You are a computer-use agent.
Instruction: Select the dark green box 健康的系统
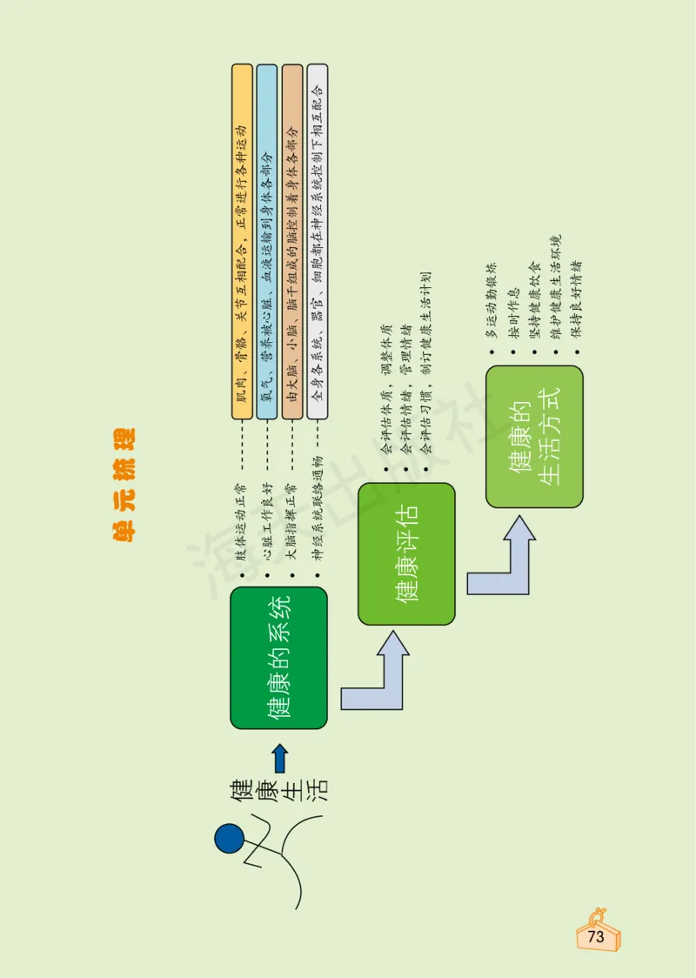[x=278, y=658]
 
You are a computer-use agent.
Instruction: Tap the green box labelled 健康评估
[x=406, y=554]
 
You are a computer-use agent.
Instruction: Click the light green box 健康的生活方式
[x=534, y=437]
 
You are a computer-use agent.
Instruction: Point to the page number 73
[x=596, y=937]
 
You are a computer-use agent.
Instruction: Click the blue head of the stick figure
[x=230, y=839]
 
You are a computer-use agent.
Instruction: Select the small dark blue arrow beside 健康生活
[x=279, y=759]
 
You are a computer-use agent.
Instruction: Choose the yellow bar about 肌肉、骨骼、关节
[x=242, y=242]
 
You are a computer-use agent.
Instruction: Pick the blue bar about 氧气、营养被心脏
[x=267, y=242]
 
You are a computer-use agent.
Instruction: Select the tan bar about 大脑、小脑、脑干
[x=292, y=242]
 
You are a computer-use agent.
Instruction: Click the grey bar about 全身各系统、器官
[x=318, y=242]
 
